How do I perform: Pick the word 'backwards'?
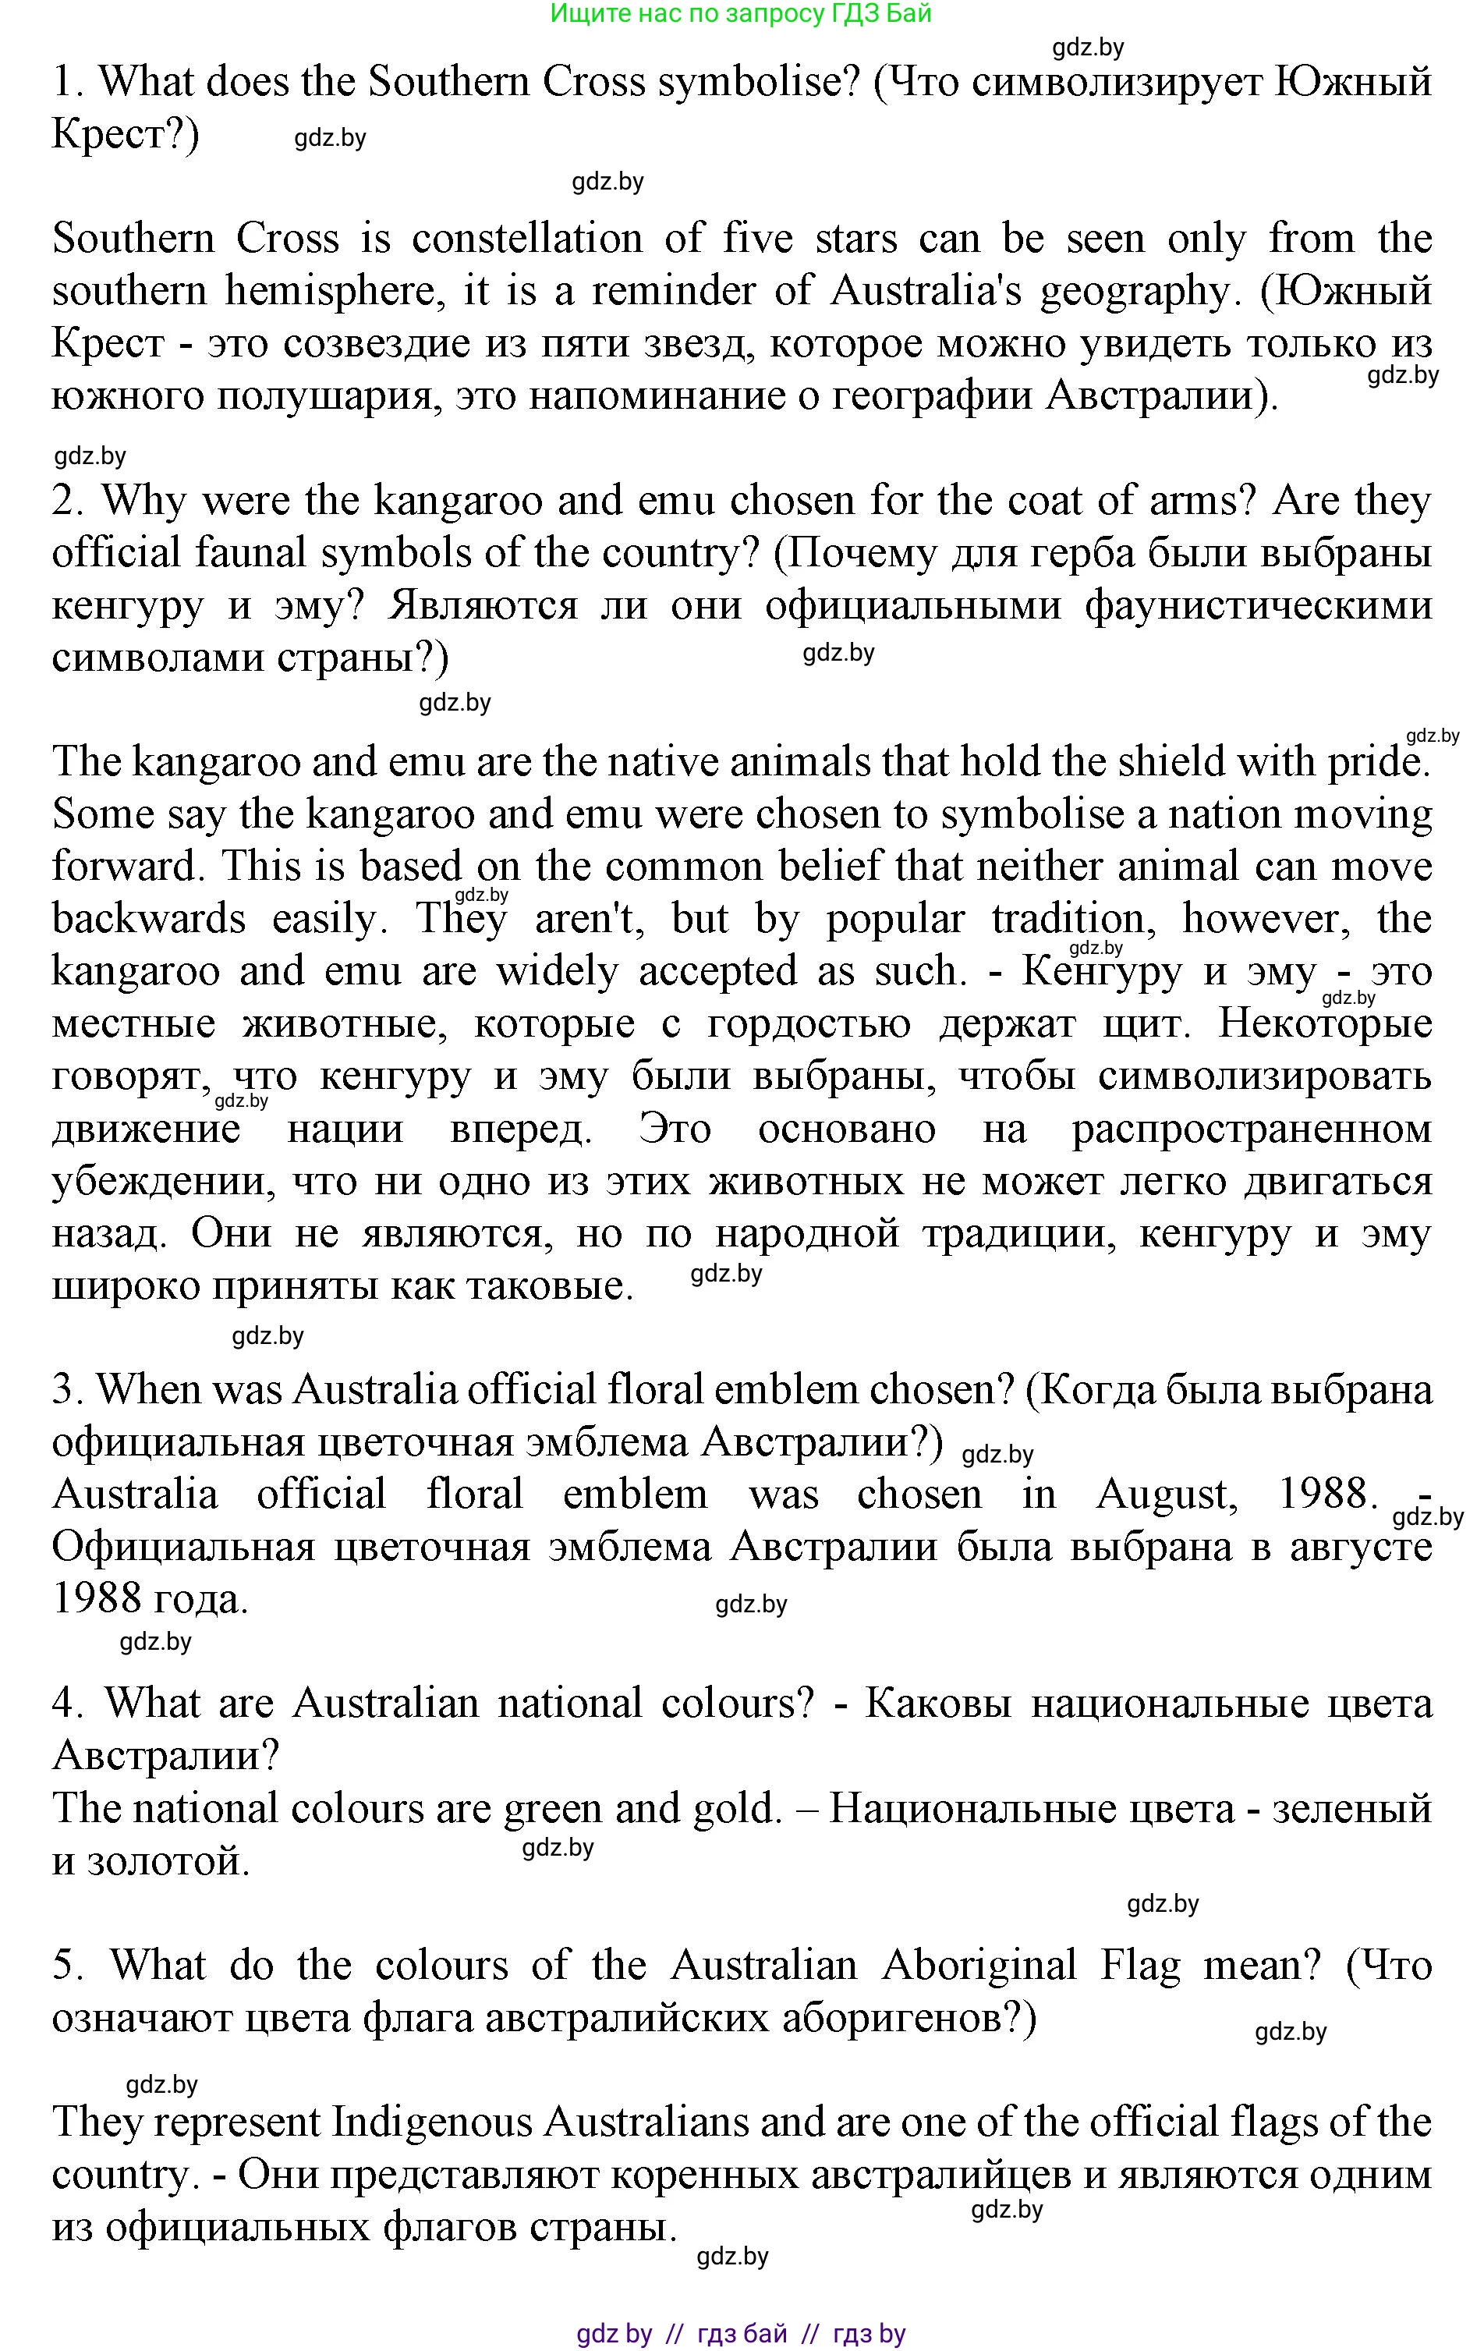point(148,920)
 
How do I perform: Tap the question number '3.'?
point(69,1390)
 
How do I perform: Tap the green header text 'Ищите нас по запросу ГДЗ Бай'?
point(741,14)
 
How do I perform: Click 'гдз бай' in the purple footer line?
point(742,2335)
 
